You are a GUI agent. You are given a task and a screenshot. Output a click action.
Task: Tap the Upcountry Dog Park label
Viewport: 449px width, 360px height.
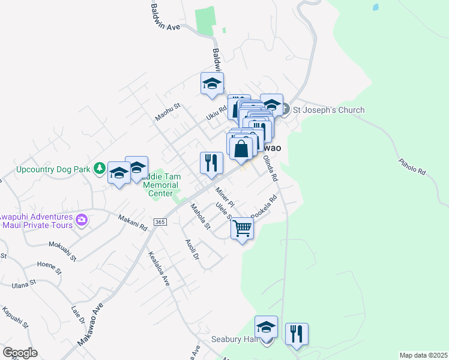click(x=53, y=170)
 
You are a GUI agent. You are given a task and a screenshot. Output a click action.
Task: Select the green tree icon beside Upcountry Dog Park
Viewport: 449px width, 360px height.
click(x=101, y=168)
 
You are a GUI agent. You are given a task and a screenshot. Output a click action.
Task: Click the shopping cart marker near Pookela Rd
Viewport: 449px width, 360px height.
click(x=242, y=229)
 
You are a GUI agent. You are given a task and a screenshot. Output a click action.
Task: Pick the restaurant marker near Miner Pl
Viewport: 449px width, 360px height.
click(x=211, y=163)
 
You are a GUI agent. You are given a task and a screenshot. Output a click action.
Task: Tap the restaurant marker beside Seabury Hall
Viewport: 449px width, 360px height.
click(x=297, y=334)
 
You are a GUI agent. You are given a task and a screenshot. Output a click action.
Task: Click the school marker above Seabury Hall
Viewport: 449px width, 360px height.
click(x=266, y=328)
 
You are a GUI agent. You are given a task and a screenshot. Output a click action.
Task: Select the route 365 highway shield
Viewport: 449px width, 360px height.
click(x=159, y=222)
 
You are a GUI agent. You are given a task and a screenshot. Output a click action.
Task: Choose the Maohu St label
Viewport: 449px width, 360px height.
click(x=168, y=112)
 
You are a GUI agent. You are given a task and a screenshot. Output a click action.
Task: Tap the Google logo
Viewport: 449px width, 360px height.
click(x=20, y=352)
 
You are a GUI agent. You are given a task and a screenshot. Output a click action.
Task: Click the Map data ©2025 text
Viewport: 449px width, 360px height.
click(x=423, y=355)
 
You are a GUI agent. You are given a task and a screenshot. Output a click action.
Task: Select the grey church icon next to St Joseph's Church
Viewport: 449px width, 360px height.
click(x=286, y=109)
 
